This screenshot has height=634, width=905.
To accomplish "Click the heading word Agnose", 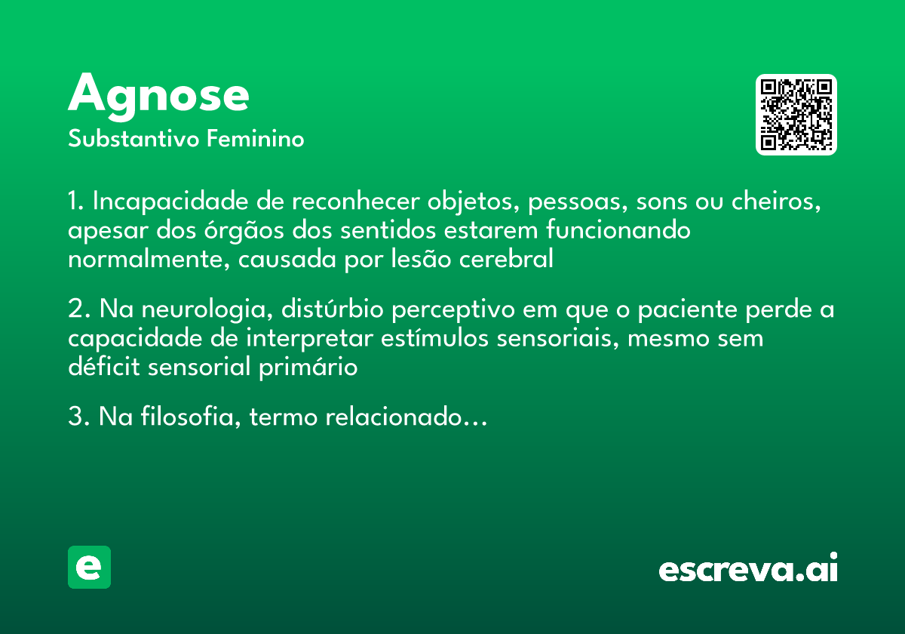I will coord(158,95).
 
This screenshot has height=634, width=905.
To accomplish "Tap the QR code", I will coord(796,115).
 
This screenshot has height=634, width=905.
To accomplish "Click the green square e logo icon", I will coord(89,567).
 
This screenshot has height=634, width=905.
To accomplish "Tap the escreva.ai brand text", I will coord(748,569).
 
